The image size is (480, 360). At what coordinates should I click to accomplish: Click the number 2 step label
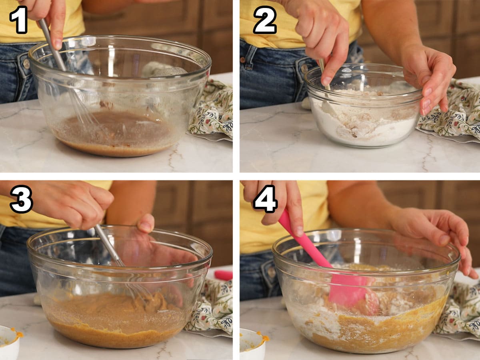[264, 20]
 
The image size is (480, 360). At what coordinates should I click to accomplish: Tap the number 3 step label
[21, 199]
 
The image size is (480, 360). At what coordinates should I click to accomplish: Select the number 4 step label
[265, 199]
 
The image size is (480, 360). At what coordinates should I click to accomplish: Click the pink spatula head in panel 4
[348, 290]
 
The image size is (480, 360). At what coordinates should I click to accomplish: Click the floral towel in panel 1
[212, 112]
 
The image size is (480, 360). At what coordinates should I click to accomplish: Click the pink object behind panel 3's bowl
[223, 275]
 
